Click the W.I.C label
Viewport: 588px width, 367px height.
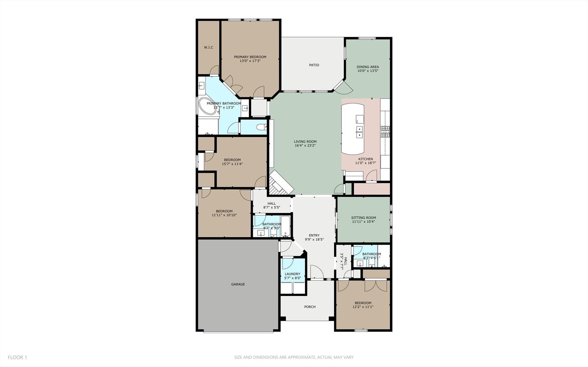pos(209,47)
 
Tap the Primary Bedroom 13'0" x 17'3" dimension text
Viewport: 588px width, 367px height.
pos(250,61)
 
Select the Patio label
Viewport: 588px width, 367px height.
pos(314,65)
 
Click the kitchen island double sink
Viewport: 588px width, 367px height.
pos(359,132)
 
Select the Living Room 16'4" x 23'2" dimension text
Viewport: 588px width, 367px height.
pos(305,146)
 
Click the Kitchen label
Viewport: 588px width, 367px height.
pos(365,159)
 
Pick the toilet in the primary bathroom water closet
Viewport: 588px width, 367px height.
pos(262,127)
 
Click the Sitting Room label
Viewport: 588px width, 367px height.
pos(363,218)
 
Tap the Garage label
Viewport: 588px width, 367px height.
pos(238,284)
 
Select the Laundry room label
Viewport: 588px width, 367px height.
pos(292,274)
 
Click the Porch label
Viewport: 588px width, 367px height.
pos(310,307)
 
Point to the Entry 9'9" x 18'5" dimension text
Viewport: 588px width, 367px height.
pos(314,239)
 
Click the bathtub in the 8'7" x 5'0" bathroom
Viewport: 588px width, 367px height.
pos(286,227)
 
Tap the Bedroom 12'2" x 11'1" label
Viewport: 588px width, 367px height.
pos(363,305)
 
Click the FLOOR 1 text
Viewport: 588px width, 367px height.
pos(17,358)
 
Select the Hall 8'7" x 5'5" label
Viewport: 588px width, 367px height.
pos(271,205)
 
